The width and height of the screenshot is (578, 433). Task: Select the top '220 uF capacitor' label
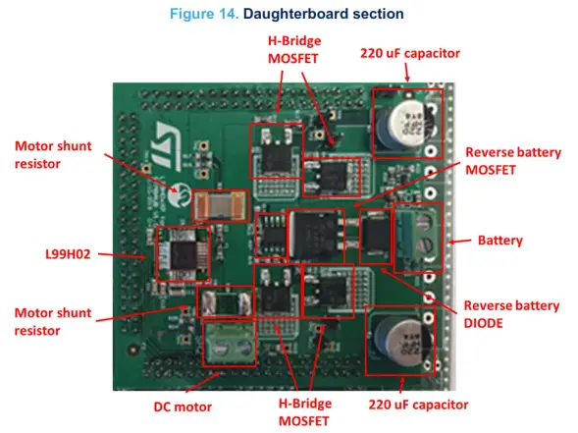417,52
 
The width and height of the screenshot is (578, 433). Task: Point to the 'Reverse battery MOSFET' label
512,162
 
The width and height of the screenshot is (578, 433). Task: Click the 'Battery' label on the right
502,239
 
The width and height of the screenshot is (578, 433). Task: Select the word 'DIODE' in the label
487,324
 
